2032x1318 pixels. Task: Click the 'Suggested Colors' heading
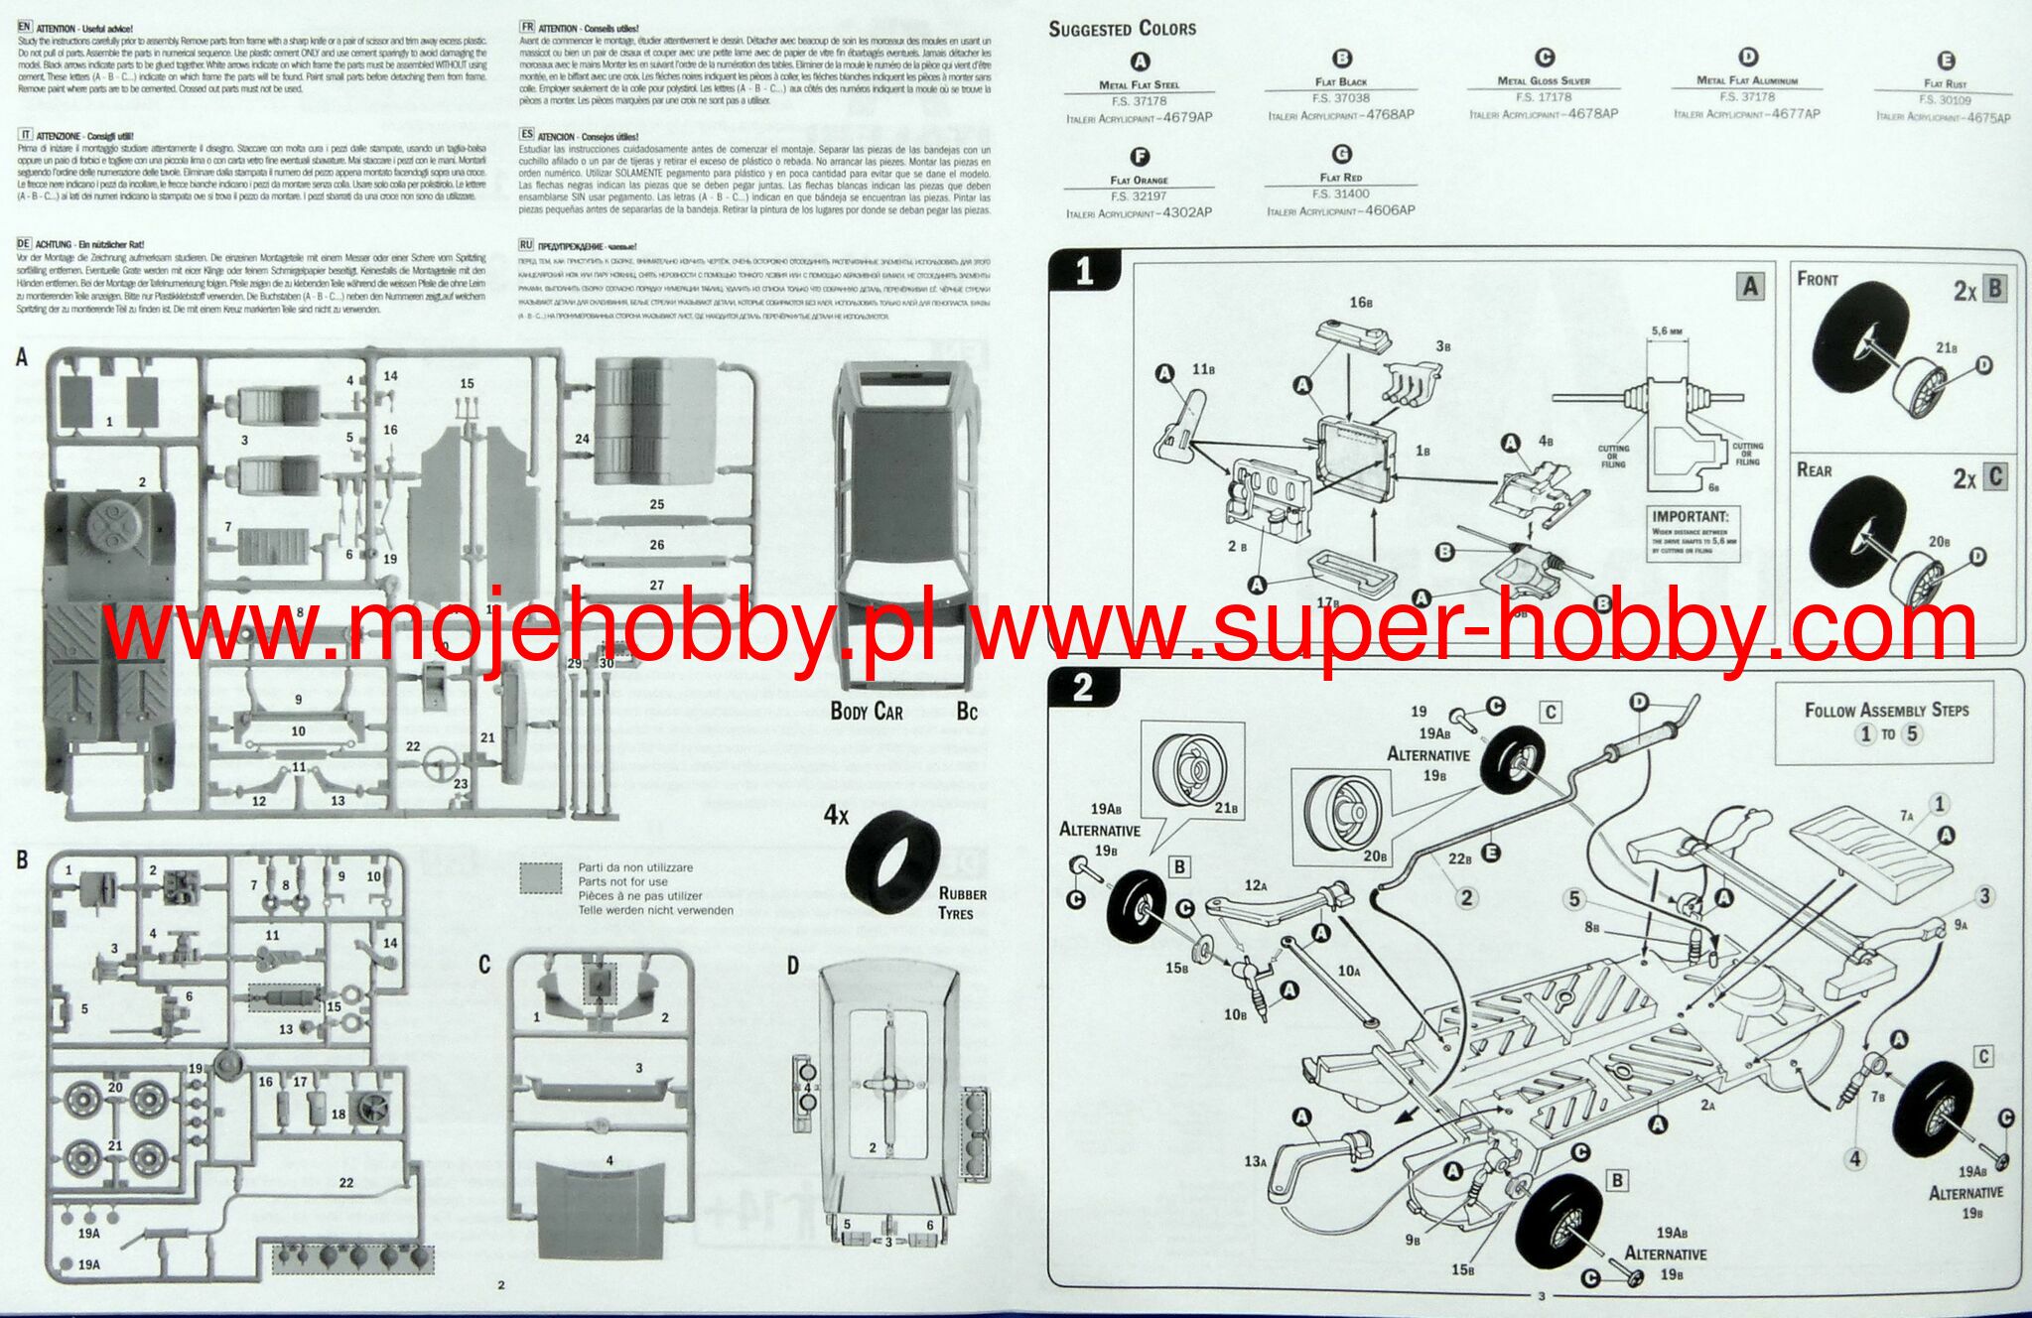pos(1122,29)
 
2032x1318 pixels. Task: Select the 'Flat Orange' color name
pos(1139,181)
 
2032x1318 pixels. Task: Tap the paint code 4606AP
pos(1390,210)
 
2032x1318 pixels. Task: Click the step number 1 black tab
pos(1084,271)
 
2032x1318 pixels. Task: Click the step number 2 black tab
pos(1082,688)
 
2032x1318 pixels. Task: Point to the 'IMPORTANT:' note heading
pos(1690,516)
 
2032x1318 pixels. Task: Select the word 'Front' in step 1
pos(1818,280)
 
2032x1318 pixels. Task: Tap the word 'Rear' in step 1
pos(1815,470)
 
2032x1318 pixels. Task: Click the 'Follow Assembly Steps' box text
pos(1886,711)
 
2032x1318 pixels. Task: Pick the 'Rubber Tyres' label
pos(962,903)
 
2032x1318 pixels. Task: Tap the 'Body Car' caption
pos(867,712)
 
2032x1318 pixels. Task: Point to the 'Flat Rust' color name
pos(1945,84)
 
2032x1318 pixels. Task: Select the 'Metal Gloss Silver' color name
pos(1544,81)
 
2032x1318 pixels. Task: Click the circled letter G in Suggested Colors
pos(1342,154)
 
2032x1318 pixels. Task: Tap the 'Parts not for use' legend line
pos(622,881)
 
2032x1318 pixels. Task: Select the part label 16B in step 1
pos(1360,302)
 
